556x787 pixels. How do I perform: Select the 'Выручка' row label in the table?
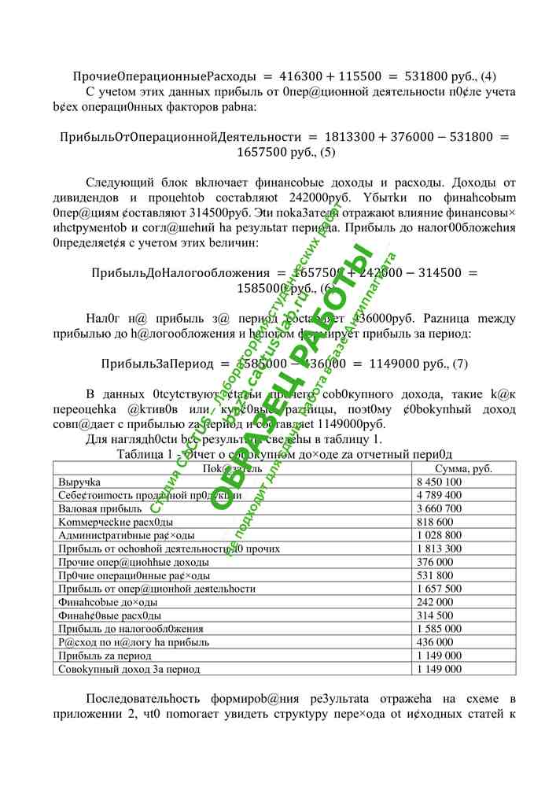[x=76, y=482]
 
